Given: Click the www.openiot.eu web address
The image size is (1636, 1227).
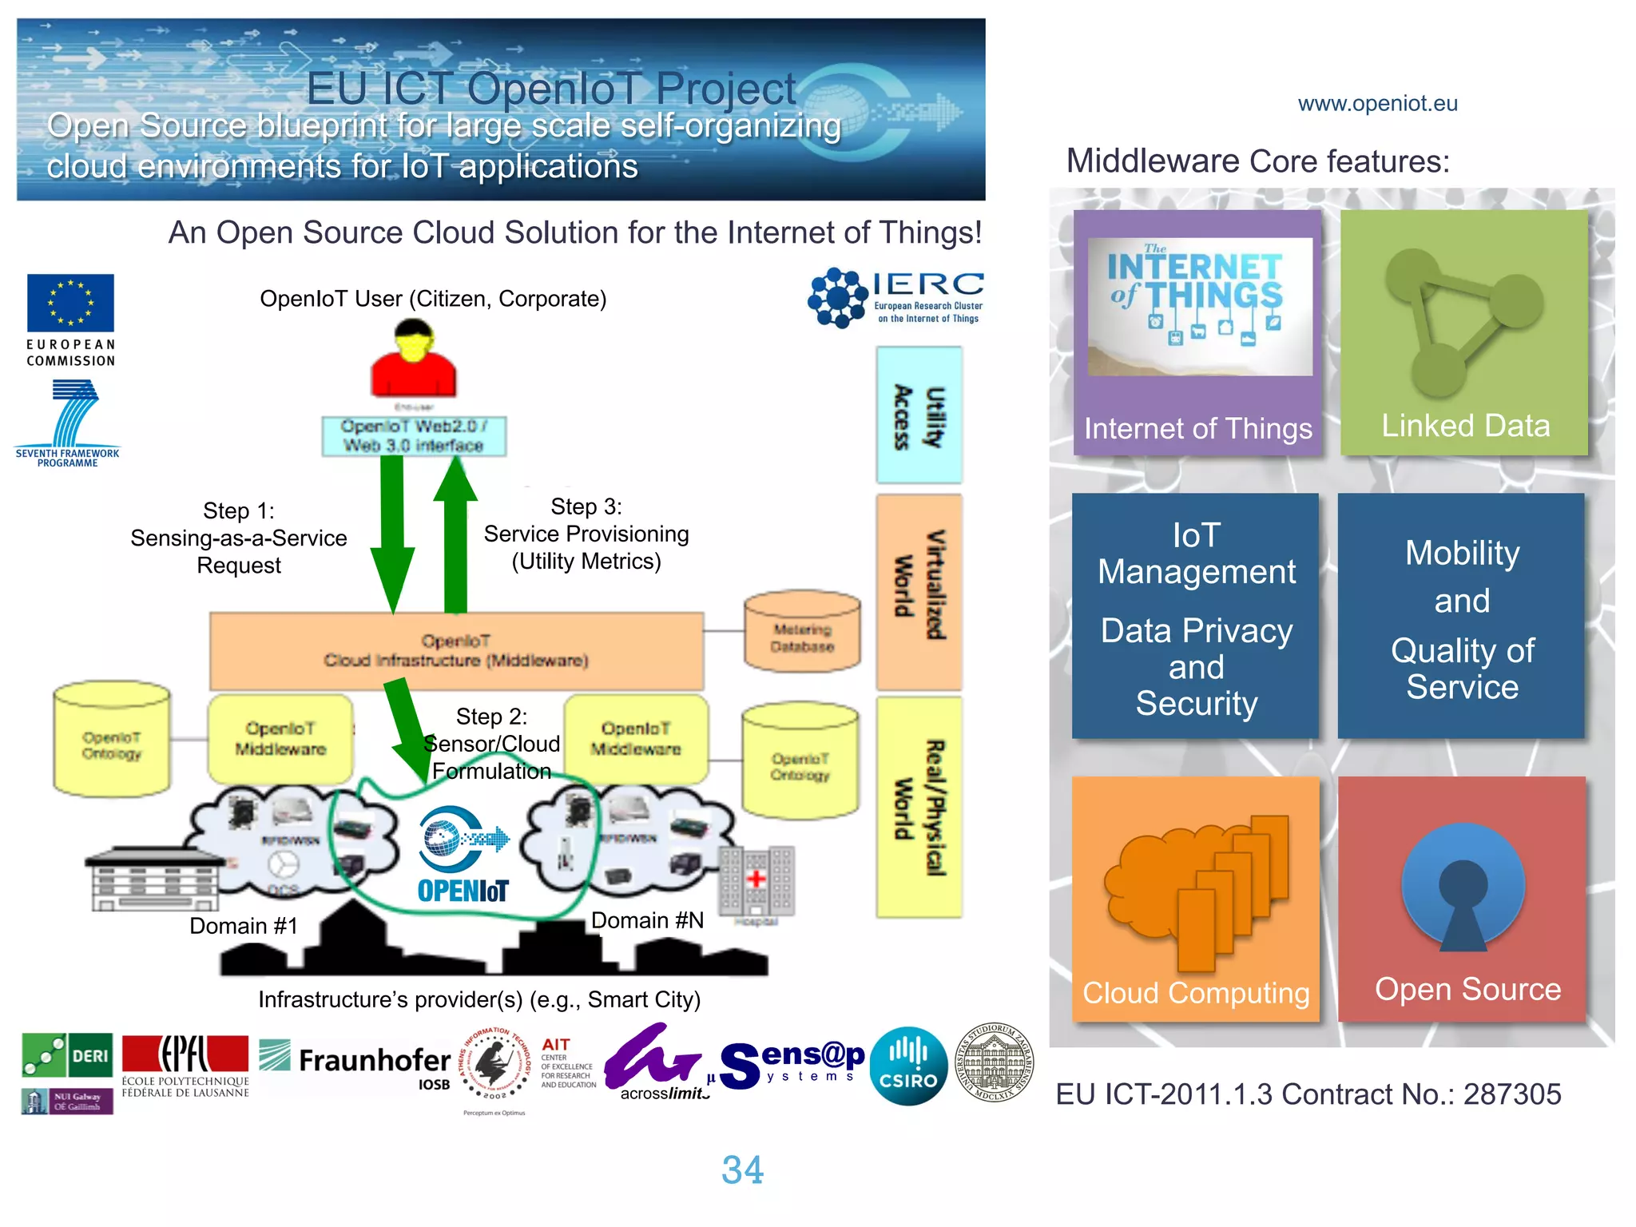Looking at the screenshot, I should (1377, 104).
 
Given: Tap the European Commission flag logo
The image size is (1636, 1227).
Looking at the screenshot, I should (70, 304).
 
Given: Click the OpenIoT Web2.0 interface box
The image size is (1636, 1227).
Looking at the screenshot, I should (414, 436).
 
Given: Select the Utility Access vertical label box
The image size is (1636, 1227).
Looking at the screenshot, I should (919, 415).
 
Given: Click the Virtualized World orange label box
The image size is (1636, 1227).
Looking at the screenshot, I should (919, 591).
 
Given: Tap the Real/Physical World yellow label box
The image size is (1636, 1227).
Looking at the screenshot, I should (919, 807).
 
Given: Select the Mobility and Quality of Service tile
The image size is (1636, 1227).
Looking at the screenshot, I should (1461, 617).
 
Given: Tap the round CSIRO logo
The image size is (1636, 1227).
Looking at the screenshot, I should (908, 1066).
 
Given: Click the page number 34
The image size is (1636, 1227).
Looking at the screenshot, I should (742, 1170).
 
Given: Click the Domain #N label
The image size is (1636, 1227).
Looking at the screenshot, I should (647, 921).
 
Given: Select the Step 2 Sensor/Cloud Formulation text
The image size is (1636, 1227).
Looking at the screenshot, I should (491, 744).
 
